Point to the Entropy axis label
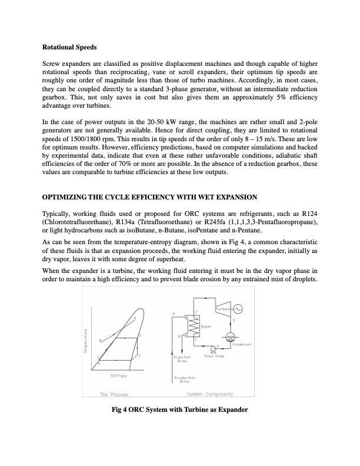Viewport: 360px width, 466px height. click(x=120, y=375)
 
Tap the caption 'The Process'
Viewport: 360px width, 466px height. click(x=114, y=394)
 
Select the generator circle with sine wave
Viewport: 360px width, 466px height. click(x=238, y=309)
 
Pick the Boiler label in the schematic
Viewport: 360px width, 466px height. click(x=206, y=327)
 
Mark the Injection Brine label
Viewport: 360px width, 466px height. click(x=179, y=358)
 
